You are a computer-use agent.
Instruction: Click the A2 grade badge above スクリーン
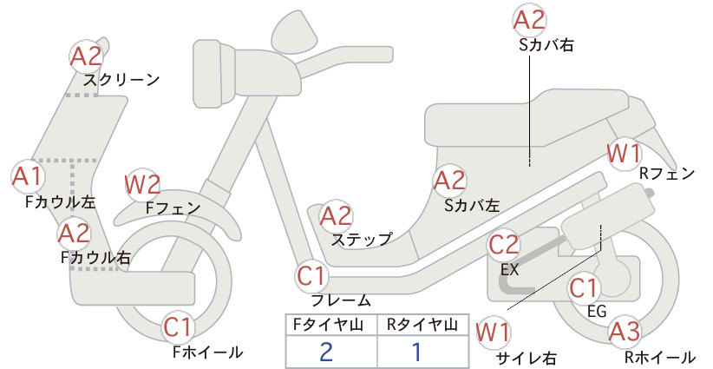point(87,56)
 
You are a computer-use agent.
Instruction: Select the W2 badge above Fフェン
point(142,185)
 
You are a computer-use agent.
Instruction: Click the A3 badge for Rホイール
point(625,332)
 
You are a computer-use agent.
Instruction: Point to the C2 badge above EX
point(504,245)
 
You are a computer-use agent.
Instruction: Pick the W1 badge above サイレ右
point(493,333)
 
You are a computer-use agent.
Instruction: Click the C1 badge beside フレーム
point(312,276)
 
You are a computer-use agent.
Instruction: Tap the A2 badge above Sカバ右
point(529,21)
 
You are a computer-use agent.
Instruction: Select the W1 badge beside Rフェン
point(625,154)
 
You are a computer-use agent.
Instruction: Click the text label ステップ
point(362,240)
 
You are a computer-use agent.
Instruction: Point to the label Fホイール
point(208,352)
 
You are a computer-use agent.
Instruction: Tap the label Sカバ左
point(472,206)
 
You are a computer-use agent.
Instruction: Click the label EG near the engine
point(597,311)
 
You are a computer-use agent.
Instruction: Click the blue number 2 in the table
point(326,352)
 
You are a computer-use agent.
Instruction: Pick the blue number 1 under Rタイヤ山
point(416,352)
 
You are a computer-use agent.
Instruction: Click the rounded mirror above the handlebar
point(294,29)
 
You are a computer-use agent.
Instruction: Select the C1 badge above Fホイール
point(179,326)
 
